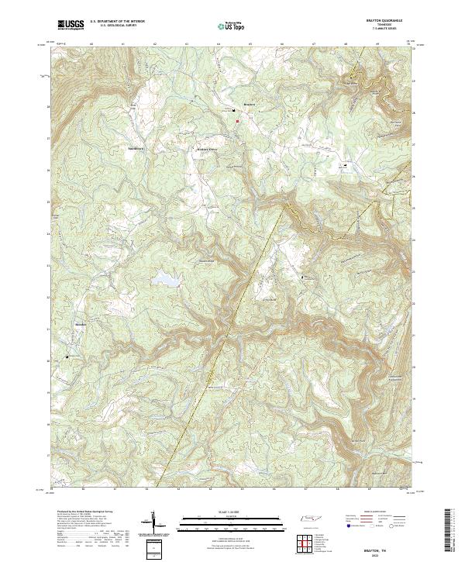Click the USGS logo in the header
pyautogui.click(x=71, y=25)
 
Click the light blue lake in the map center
pyautogui.click(x=165, y=278)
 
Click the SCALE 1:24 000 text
pyautogui.click(x=222, y=513)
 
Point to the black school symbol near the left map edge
pyautogui.click(x=67, y=357)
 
